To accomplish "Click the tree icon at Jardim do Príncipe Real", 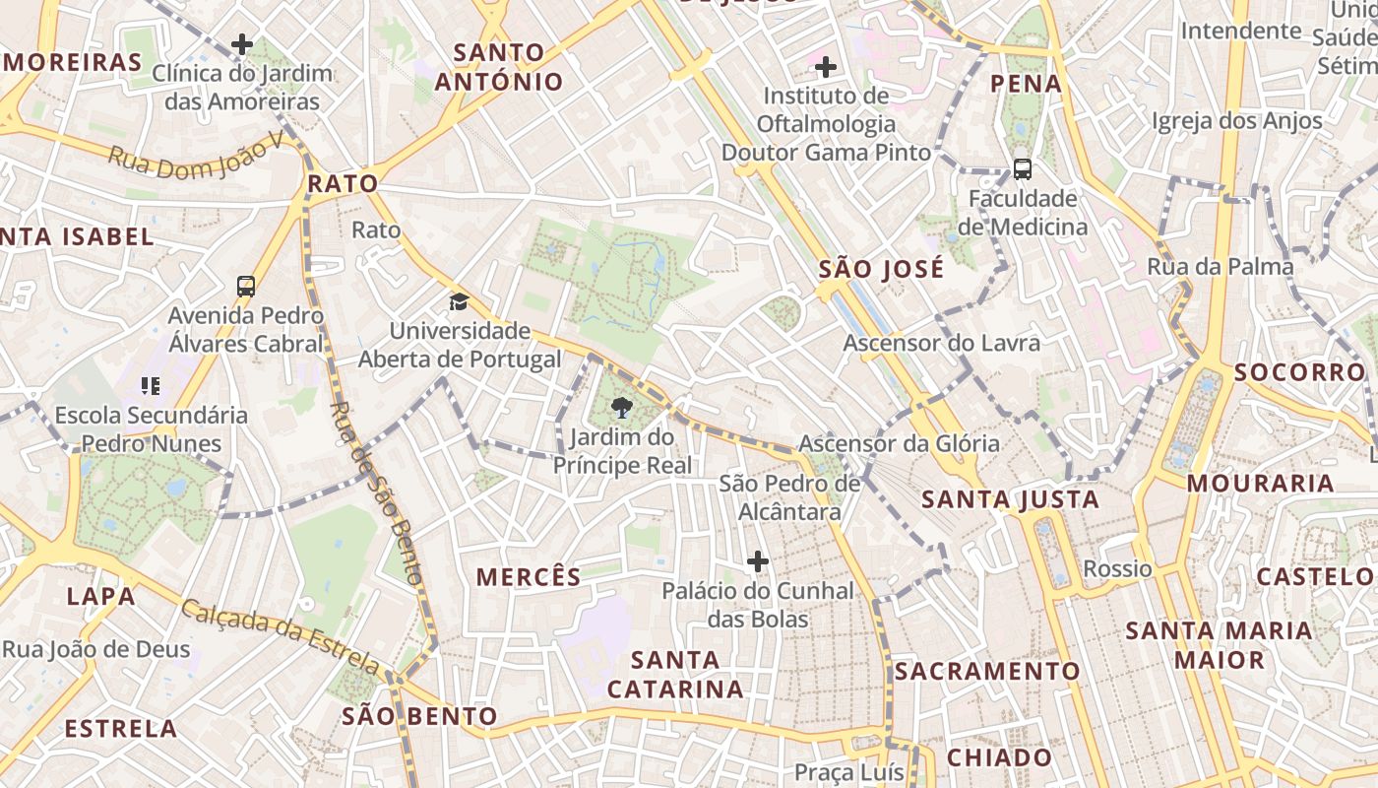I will click(621, 407).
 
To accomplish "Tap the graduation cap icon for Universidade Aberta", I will click(459, 301).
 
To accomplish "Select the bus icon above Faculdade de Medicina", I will click(1023, 168).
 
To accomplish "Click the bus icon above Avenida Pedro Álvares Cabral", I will click(246, 287).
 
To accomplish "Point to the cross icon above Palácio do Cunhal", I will click(757, 561).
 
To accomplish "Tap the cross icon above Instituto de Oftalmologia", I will click(826, 67).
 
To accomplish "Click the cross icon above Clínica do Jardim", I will click(241, 44).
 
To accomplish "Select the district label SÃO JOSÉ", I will click(881, 269).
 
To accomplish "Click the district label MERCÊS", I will click(529, 577).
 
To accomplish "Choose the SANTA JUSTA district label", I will click(1010, 499).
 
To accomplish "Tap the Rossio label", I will click(1117, 568).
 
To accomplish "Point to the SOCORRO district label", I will click(1299, 372).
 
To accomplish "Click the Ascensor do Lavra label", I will click(941, 343).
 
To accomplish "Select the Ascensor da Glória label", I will click(899, 443).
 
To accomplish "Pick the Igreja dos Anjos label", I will click(1237, 121).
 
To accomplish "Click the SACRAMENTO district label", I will click(987, 672).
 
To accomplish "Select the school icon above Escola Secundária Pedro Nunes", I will click(151, 385).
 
